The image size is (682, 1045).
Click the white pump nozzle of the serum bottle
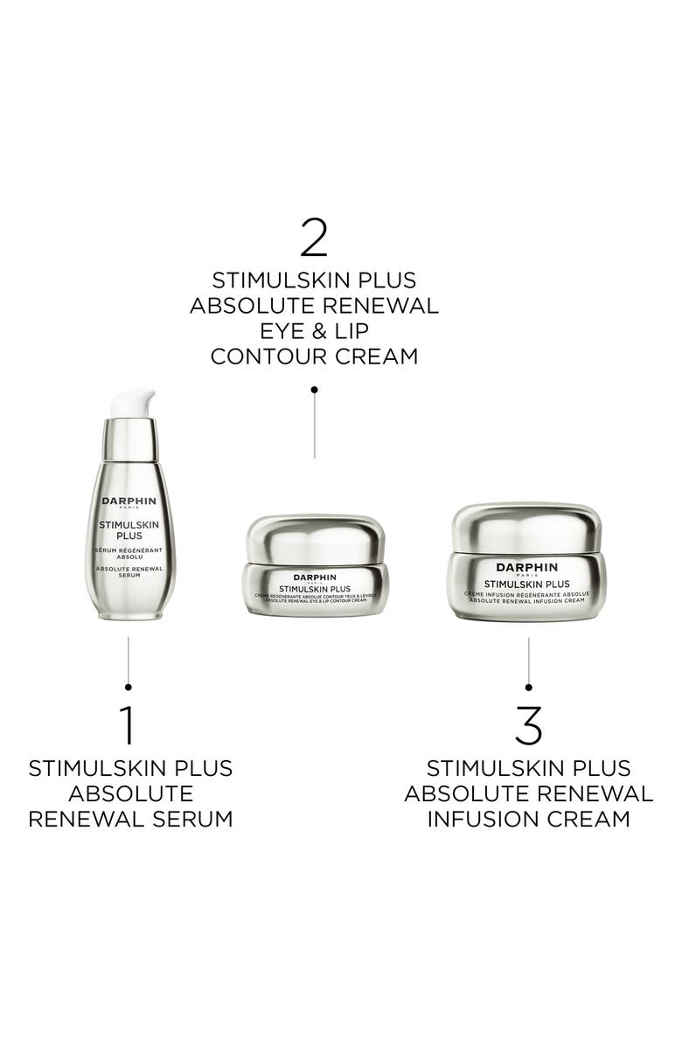(x=132, y=405)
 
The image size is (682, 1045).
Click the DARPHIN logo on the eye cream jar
(x=314, y=577)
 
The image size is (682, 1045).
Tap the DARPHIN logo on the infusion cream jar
(x=527, y=568)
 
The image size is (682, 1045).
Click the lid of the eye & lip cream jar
(x=314, y=537)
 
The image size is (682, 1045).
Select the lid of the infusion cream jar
(x=527, y=525)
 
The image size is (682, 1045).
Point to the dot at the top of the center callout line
(x=314, y=389)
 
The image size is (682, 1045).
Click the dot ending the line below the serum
(x=128, y=687)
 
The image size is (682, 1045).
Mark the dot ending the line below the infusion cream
(x=528, y=687)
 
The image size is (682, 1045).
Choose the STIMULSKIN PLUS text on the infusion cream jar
(x=527, y=584)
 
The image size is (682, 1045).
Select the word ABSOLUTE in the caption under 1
(x=129, y=793)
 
